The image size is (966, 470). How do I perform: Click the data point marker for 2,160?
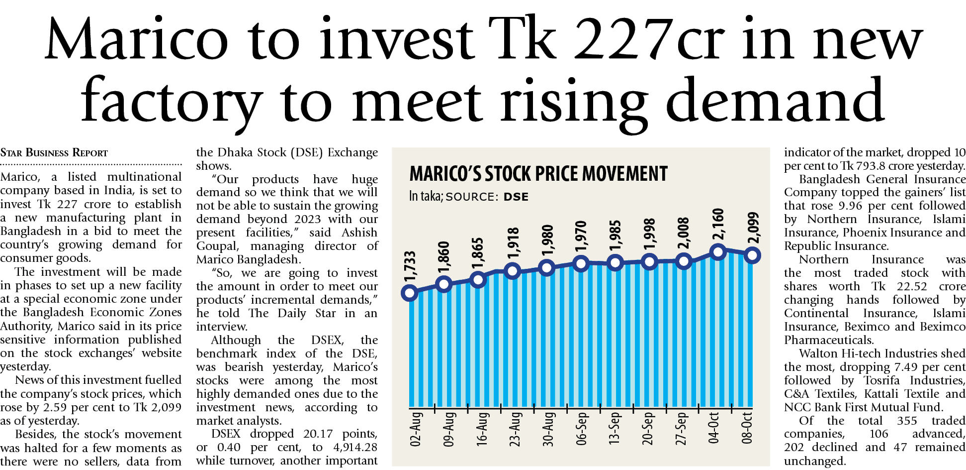[x=718, y=252]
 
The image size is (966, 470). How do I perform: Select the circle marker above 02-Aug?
[x=409, y=293]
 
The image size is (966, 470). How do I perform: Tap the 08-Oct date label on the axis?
[x=747, y=428]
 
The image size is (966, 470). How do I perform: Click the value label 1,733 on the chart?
[x=410, y=267]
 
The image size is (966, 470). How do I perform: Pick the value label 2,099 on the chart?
[x=753, y=228]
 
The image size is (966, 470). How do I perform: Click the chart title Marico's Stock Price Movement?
[x=538, y=174]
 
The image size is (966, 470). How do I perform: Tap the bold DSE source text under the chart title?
[x=516, y=197]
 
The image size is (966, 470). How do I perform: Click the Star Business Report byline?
[x=54, y=152]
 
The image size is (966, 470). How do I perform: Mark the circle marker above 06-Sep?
[x=581, y=264]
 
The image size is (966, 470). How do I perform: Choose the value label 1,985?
[x=615, y=236]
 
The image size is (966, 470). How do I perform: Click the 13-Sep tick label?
[x=615, y=428]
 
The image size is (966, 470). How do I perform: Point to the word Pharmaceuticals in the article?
[x=828, y=340]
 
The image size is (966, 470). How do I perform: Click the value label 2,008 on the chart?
[x=684, y=233]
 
